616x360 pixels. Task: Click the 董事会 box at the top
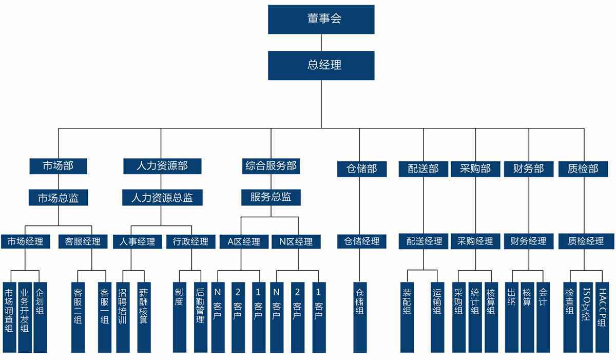321,20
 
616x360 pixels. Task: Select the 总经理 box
321,65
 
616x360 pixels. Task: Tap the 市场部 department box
58,166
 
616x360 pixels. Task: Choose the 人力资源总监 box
162,197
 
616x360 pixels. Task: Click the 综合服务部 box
271,166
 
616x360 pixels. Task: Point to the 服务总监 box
271,197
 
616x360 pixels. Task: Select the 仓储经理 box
361,241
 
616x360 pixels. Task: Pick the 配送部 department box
423,169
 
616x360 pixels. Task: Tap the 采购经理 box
475,241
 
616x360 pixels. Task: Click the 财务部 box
529,169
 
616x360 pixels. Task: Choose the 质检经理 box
586,241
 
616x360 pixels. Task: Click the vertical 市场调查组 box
9,317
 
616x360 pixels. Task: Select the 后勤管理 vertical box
200,317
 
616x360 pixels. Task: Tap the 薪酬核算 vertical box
143,317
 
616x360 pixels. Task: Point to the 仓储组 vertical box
360,317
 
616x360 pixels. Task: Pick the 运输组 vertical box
437,317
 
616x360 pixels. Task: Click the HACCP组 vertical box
602,317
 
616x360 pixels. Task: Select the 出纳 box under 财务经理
511,317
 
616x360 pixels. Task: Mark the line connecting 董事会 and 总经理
321,43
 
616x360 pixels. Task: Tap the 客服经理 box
79,241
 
